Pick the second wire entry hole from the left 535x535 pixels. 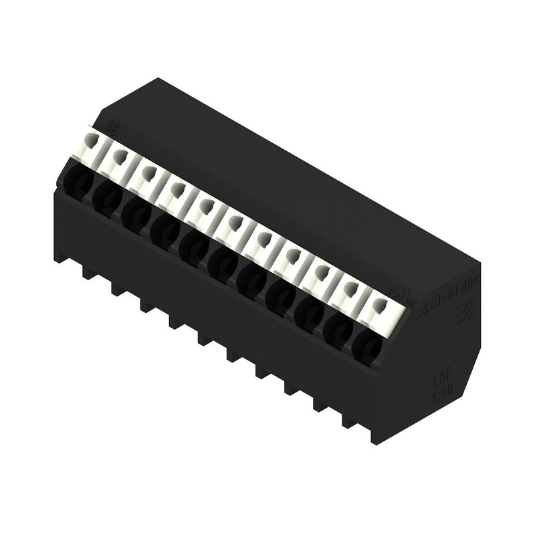105,195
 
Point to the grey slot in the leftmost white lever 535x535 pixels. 92,141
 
